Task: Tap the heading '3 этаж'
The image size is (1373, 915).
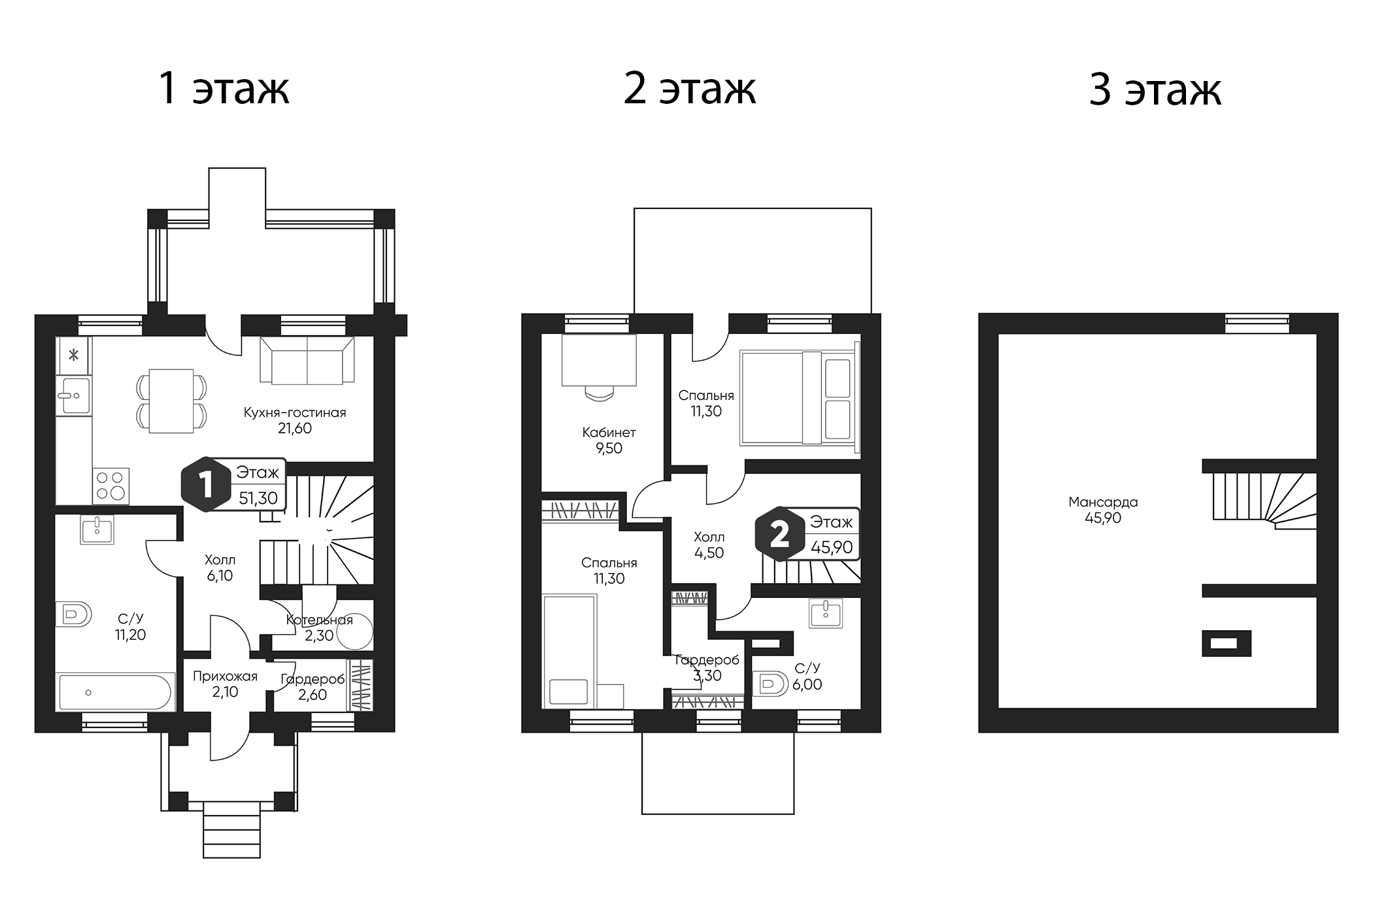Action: click(x=1155, y=90)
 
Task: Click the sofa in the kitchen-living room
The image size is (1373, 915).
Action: click(x=307, y=360)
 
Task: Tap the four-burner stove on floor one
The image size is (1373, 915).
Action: click(x=111, y=486)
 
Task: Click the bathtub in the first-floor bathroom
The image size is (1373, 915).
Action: click(x=115, y=692)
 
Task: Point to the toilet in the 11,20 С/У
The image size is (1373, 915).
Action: click(x=75, y=614)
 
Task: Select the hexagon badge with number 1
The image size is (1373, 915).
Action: click(x=205, y=485)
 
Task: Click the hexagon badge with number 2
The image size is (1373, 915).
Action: click(x=779, y=534)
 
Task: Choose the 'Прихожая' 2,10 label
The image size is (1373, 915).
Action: click(x=225, y=684)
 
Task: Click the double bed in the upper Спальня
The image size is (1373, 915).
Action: click(x=798, y=398)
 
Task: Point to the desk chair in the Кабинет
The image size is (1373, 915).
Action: click(x=599, y=393)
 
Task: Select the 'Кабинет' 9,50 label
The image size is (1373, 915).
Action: click(x=609, y=440)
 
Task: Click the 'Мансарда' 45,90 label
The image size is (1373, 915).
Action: click(x=1103, y=510)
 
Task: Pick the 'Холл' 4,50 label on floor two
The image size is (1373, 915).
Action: click(x=709, y=544)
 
